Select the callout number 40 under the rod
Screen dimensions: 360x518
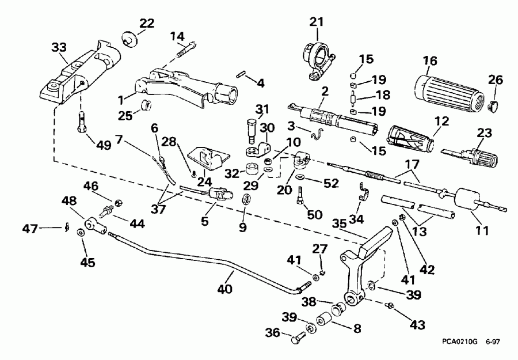225,288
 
